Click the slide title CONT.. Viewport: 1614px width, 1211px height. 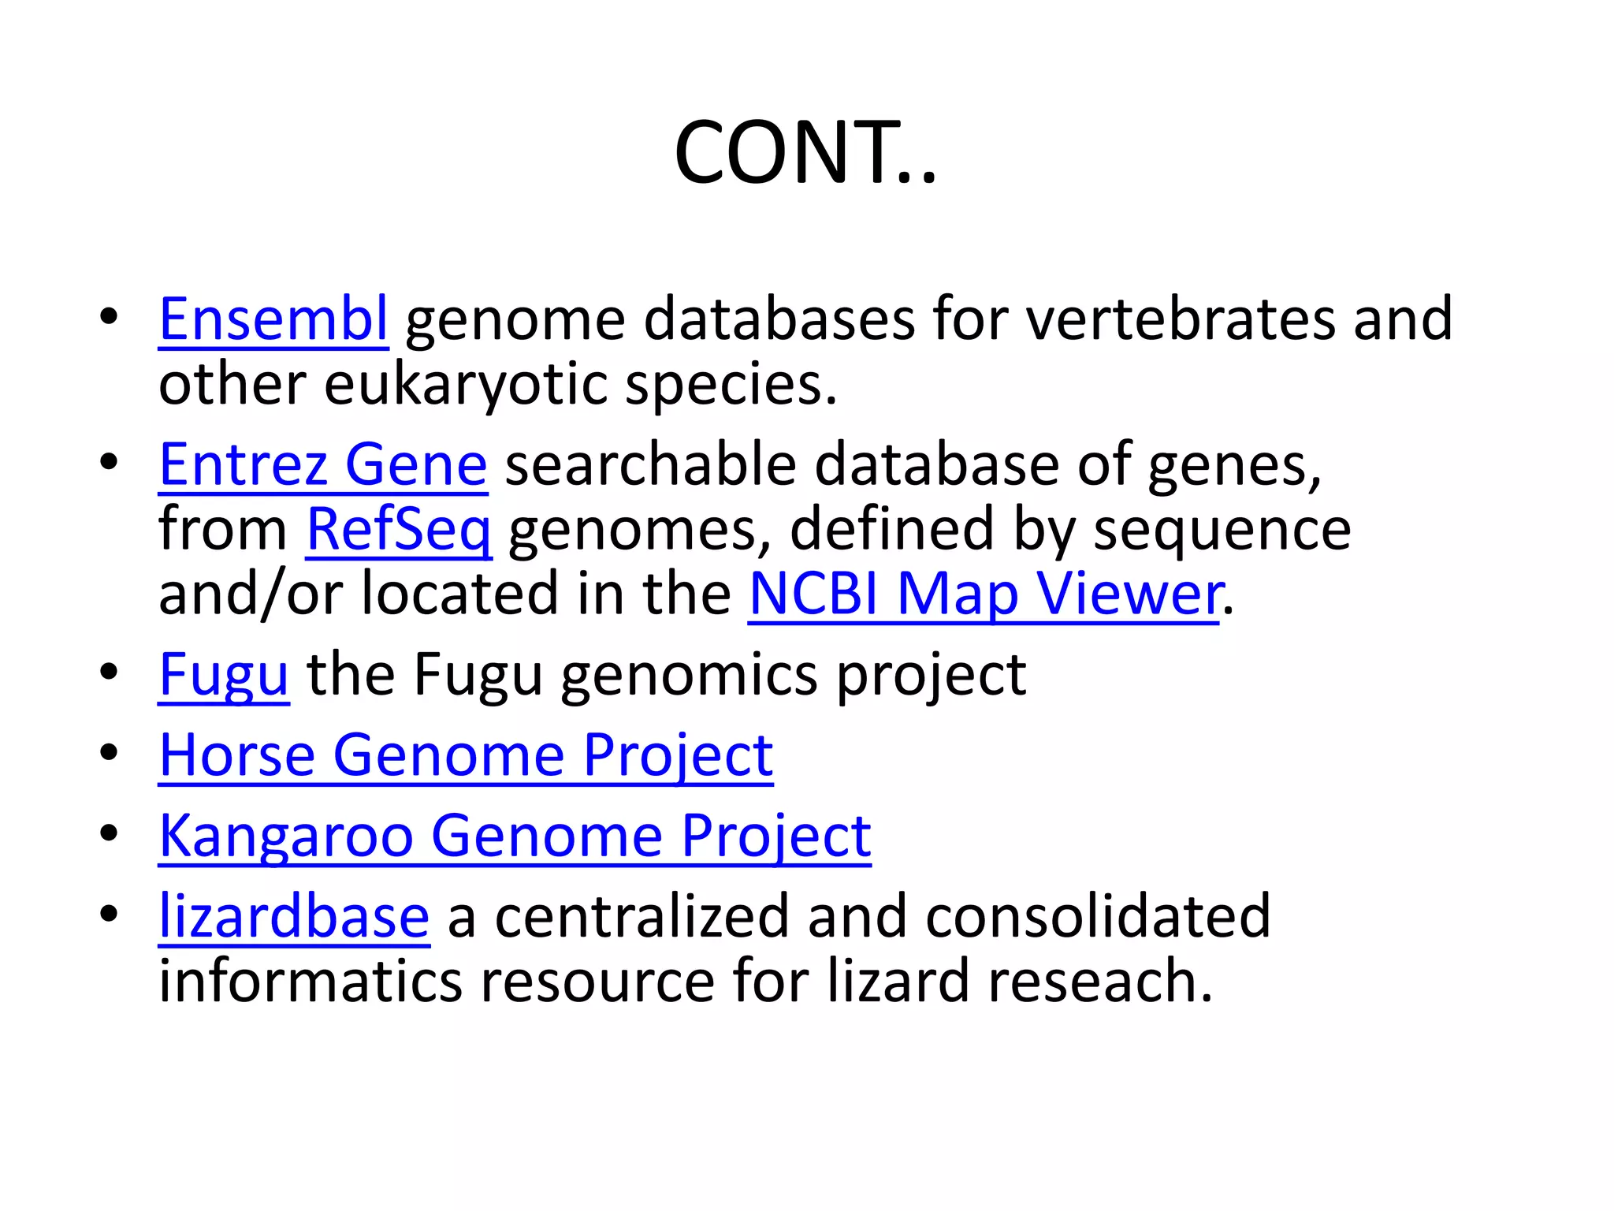pyautogui.click(x=805, y=152)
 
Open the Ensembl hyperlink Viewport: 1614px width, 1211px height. pyautogui.click(x=273, y=319)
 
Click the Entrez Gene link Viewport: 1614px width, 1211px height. pyautogui.click(x=323, y=465)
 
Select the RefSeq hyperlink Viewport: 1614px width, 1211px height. pyautogui.click(x=399, y=530)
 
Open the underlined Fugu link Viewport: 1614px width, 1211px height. pyautogui.click(x=224, y=676)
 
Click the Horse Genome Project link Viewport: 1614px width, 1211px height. pyautogui.click(x=466, y=756)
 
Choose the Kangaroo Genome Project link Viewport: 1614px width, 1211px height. pyautogui.click(x=515, y=837)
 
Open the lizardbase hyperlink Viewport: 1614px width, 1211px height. pyautogui.click(x=294, y=917)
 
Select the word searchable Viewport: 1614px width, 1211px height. pyautogui.click(x=650, y=465)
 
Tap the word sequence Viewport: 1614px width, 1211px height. pyautogui.click(x=1222, y=530)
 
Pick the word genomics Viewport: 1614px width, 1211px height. pyautogui.click(x=689, y=676)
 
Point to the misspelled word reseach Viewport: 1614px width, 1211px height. pyautogui.click(x=1099, y=982)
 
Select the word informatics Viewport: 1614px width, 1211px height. pyautogui.click(x=311, y=982)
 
